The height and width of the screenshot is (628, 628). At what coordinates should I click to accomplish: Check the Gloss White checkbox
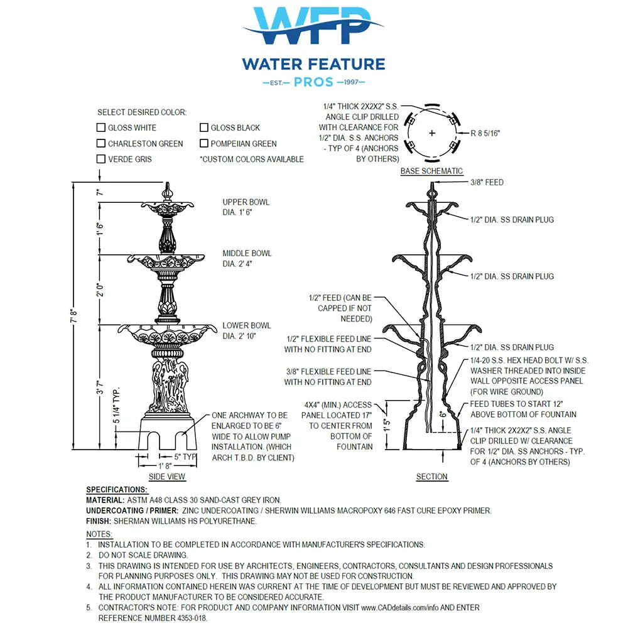101,127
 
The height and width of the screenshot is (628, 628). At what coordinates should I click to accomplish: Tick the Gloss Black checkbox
204,127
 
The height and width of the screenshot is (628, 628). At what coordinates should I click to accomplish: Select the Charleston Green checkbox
101,143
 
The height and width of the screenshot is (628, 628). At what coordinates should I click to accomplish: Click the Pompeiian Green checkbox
204,143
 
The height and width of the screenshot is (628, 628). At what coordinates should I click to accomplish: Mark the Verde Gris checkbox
101,159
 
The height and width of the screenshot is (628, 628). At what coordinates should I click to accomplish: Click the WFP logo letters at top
313,25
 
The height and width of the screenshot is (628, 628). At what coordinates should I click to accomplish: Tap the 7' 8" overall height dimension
73,316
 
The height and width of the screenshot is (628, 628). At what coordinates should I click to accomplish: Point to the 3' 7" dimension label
100,387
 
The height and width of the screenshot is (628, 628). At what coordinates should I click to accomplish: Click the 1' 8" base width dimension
165,466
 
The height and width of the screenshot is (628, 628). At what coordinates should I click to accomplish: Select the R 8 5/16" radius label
485,133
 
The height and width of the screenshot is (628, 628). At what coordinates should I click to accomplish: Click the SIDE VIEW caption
166,477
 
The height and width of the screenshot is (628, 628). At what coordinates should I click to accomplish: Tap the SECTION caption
432,477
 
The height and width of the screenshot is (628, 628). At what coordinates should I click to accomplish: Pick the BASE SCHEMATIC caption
432,171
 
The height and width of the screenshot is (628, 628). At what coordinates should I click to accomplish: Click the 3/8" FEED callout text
487,182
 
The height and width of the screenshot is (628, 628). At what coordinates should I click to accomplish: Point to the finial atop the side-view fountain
168,192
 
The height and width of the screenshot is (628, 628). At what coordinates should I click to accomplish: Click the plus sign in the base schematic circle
432,133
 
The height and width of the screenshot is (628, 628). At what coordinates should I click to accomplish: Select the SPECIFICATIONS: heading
117,489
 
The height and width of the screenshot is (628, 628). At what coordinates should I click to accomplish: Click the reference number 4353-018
192,618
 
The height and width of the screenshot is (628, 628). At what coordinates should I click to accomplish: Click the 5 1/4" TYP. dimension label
116,405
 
